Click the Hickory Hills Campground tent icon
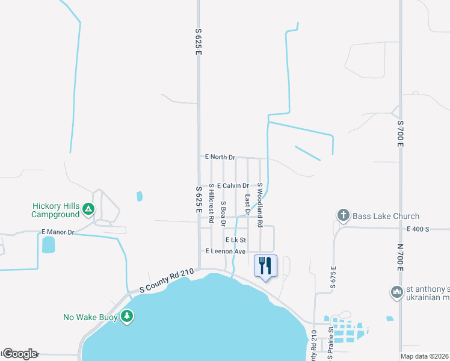[88, 209]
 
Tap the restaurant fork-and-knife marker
[265, 265]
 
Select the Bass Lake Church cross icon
[343, 215]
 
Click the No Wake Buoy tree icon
[126, 316]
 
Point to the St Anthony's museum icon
[396, 292]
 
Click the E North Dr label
[220, 157]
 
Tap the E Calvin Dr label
[233, 186]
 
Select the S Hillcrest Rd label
[211, 205]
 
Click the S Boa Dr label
[223, 214]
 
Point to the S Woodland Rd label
[260, 205]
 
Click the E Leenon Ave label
[226, 251]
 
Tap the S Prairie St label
[330, 339]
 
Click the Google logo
[19, 354]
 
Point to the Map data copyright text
[424, 356]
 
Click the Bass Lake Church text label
[377, 216]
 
